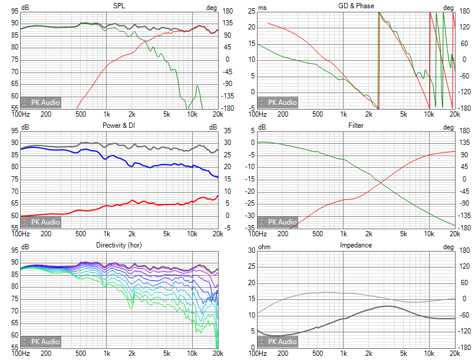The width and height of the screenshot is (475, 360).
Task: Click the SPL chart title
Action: [118, 6]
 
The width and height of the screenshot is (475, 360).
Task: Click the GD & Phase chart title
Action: [356, 6]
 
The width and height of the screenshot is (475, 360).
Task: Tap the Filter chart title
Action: [356, 125]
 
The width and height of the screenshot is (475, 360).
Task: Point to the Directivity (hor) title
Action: [118, 245]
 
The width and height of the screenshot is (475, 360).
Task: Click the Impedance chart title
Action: [356, 245]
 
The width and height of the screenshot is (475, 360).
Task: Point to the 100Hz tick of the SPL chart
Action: [21, 114]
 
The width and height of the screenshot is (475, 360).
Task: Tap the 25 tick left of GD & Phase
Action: [251, 11]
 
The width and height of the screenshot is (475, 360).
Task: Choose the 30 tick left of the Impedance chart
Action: [251, 250]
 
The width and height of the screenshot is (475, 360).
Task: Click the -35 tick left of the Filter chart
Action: [250, 227]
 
